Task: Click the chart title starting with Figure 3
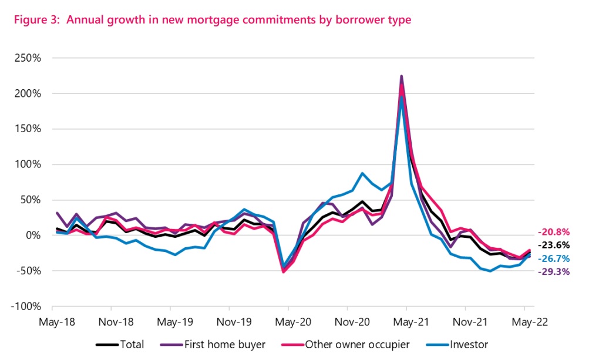point(209,20)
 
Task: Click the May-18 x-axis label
point(52,322)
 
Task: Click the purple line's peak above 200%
point(401,76)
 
